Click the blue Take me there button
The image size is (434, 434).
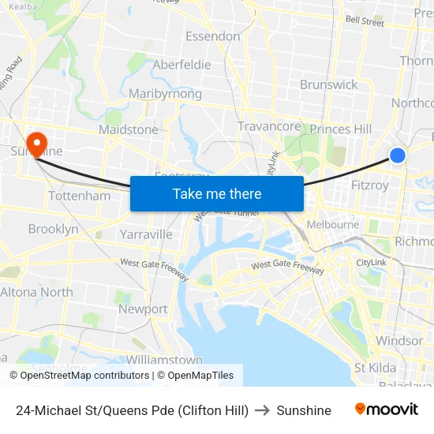[217, 193]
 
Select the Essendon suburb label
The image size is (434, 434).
[212, 36]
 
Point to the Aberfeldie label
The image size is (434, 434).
[181, 65]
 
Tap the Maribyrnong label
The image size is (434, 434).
[165, 94]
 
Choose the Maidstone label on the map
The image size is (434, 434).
[128, 129]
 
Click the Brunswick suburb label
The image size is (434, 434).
[328, 84]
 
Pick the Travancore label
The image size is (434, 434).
[269, 126]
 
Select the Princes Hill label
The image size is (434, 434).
[341, 129]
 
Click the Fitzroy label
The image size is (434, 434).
[370, 186]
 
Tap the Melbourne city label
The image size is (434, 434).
[332, 224]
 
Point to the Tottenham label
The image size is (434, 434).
[79, 196]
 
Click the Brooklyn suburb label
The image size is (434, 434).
[53, 229]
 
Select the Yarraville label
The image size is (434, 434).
[146, 234]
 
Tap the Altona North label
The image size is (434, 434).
[36, 292]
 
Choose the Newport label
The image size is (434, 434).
[143, 309]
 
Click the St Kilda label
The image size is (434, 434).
[375, 368]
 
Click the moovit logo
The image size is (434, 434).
[386, 410]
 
